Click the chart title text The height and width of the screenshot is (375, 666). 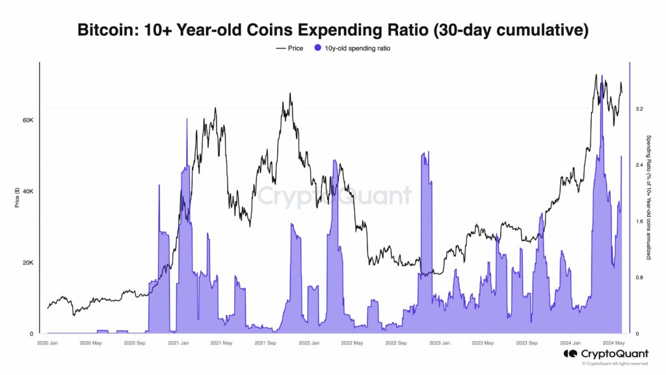(333, 30)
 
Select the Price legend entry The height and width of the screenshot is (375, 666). (290, 48)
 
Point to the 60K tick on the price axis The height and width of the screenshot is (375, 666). (28, 120)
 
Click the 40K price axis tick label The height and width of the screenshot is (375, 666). (28, 191)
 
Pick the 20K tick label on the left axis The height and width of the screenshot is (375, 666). (28, 263)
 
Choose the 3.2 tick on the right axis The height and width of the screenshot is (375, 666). (639, 109)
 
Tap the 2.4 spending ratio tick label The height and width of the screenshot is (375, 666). (639, 165)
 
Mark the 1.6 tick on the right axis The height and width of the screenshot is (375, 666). (639, 221)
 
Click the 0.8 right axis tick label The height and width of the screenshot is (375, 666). (639, 278)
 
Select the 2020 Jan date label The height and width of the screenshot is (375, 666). (47, 343)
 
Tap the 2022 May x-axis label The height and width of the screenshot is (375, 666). (352, 343)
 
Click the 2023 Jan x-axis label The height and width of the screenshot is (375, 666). (440, 343)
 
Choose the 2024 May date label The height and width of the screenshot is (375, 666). (614, 343)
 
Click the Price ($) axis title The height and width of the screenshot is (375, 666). (18, 195)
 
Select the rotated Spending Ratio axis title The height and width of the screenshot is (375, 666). (648, 197)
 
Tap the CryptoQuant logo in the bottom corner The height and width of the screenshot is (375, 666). (606, 354)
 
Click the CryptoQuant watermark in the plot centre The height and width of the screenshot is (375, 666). (333, 196)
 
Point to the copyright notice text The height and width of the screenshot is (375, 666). (612, 363)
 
